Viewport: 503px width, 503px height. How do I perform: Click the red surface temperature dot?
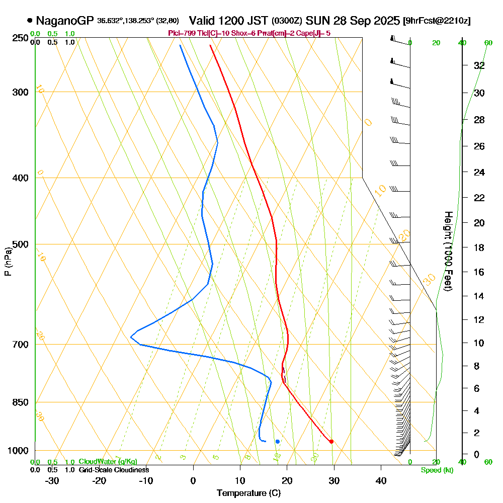(x=331, y=442)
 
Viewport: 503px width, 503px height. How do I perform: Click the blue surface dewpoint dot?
(x=277, y=442)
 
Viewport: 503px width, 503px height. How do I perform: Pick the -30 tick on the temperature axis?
(x=52, y=480)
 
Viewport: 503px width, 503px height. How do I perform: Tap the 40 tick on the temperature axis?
(x=381, y=480)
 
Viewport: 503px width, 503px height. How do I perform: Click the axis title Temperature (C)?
(x=248, y=493)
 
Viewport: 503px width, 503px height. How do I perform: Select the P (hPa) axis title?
(x=8, y=261)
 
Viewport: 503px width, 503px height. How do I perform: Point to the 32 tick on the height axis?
(x=479, y=65)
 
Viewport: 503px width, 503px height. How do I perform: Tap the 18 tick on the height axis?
(x=479, y=247)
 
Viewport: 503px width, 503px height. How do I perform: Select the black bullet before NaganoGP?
(x=30, y=21)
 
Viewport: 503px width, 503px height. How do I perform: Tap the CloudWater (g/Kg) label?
(x=108, y=462)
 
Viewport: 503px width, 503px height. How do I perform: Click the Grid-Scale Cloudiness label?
(x=114, y=470)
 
